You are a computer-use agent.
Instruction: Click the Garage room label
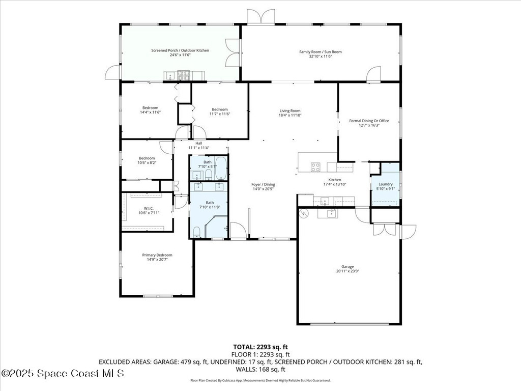[x=348, y=267]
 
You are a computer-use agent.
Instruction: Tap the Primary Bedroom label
[x=157, y=255]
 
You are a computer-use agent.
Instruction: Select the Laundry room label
[x=385, y=184]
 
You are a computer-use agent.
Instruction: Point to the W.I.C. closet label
[x=149, y=208]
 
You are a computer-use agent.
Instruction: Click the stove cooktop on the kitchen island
[x=315, y=166]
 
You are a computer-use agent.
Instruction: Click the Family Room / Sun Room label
[x=320, y=51]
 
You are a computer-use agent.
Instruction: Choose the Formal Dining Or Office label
[x=369, y=121]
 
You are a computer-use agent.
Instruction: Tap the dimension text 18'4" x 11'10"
[x=290, y=116]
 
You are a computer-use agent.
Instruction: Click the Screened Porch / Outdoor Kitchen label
[x=180, y=50]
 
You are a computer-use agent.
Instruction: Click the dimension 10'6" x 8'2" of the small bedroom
[x=147, y=163]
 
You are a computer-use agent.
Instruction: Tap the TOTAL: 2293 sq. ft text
[x=260, y=347]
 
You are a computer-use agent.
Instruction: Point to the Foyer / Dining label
[x=263, y=184]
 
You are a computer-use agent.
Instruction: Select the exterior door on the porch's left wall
[x=112, y=73]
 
